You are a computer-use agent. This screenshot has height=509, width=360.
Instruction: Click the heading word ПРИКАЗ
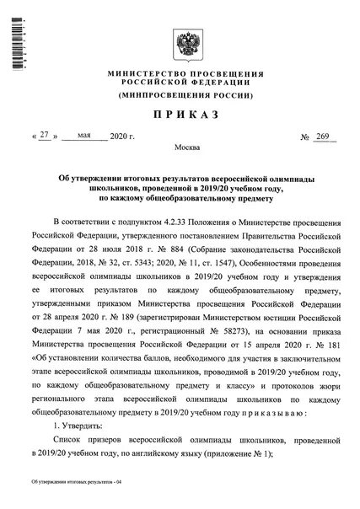180,112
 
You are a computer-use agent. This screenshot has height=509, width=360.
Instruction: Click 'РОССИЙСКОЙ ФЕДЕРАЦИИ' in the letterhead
180,84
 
